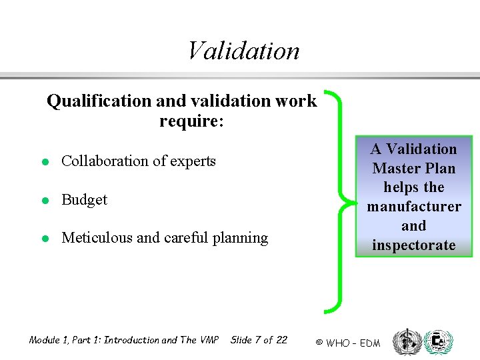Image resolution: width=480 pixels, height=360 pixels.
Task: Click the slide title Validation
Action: tap(243, 51)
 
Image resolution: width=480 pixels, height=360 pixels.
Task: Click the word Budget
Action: tap(84, 199)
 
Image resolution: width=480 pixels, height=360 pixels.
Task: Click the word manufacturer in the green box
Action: tap(413, 207)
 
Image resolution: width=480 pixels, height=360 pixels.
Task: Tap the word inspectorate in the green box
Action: tap(413, 245)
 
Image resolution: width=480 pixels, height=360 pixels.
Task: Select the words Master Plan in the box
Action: tap(413, 168)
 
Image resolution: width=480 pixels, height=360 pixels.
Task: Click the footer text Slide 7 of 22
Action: tap(259, 340)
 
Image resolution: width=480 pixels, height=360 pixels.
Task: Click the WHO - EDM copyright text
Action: tap(347, 343)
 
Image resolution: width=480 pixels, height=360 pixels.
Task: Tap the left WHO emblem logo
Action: tap(405, 341)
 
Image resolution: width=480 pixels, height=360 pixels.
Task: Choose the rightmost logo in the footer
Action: tap(438, 341)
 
